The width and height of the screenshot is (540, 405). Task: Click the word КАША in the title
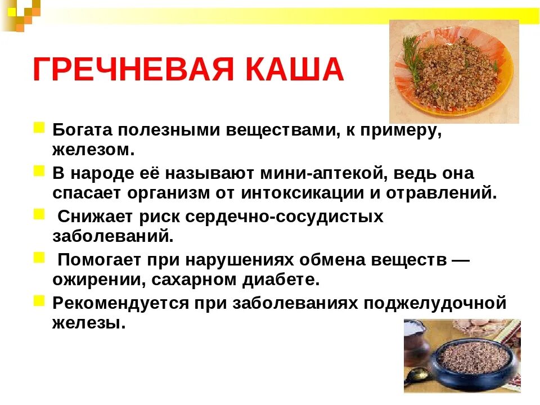298,70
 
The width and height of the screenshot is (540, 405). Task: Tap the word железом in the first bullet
93,150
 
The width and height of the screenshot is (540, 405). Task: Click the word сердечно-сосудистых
285,217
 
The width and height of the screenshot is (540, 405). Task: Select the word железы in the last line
87,323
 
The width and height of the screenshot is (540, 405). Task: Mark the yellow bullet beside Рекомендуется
39,301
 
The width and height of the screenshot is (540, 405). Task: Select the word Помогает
101,260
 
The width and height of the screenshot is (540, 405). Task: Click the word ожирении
94,280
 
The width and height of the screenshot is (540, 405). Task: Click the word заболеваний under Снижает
111,236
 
